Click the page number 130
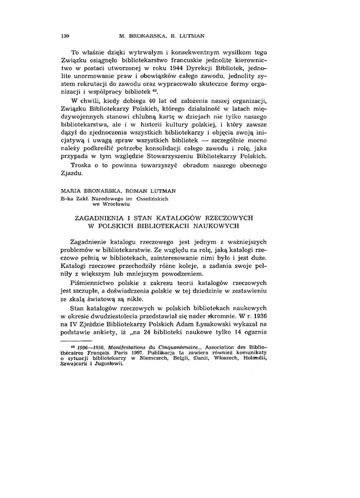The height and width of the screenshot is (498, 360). (x=66, y=36)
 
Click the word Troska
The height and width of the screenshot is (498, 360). (x=82, y=166)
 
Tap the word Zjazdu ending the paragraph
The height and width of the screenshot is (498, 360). (x=71, y=174)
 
